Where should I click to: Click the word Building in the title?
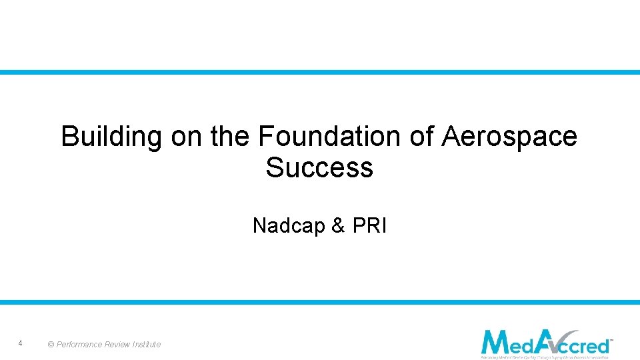(x=111, y=137)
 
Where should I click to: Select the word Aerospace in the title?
(x=510, y=137)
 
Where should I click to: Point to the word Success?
(x=319, y=167)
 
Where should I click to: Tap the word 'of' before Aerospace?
(x=421, y=136)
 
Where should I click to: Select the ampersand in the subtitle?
(x=338, y=226)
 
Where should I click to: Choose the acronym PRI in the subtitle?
(x=369, y=226)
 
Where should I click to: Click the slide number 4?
(x=21, y=343)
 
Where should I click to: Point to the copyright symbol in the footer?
(x=51, y=345)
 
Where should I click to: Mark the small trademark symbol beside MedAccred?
(x=611, y=340)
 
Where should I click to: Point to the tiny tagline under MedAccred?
(x=544, y=357)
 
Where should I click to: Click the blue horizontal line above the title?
(x=320, y=72)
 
